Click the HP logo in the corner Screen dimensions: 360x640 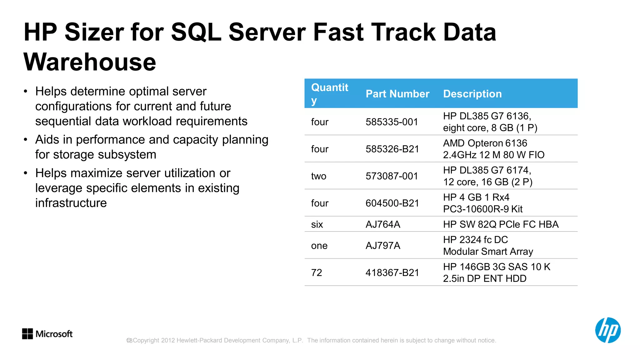coord(607,330)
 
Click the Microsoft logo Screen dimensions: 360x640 coord(47,334)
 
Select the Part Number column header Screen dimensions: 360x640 coord(397,94)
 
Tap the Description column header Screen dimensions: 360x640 coord(472,94)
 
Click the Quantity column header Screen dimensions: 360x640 coord(329,93)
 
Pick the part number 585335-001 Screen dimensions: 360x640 coord(392,122)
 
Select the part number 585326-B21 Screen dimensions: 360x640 coord(392,149)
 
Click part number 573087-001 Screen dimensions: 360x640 coord(392,176)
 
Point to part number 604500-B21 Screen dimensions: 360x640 coord(392,203)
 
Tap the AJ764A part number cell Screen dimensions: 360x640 coord(383,224)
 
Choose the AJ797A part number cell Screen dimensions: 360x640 coord(383,246)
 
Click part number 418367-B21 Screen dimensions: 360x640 coord(392,273)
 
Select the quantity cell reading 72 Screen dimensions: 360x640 coord(317,273)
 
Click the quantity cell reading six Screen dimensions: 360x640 coord(317,224)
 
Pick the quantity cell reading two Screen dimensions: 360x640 coord(318,176)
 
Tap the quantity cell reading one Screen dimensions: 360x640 coord(319,246)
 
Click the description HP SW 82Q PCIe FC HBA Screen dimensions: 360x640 coord(501,224)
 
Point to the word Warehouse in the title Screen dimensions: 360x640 coord(90,62)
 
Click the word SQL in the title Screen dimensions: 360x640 coord(196,32)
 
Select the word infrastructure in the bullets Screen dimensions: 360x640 coord(71,203)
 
